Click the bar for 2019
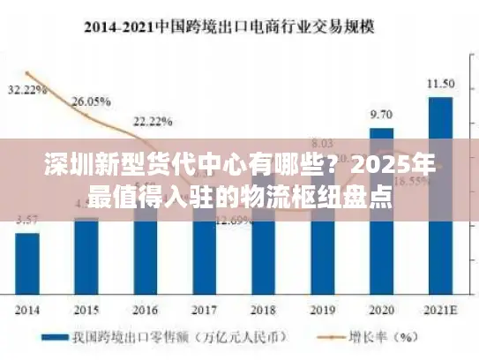click(322, 238)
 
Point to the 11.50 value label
click(441, 84)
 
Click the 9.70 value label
click(381, 115)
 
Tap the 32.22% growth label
click(27, 90)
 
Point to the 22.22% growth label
click(153, 121)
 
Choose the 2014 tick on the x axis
click(27, 311)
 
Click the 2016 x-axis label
click(146, 311)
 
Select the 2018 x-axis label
click(263, 311)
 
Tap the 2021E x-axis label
click(441, 311)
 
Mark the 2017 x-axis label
click(205, 311)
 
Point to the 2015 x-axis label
click(86, 311)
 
